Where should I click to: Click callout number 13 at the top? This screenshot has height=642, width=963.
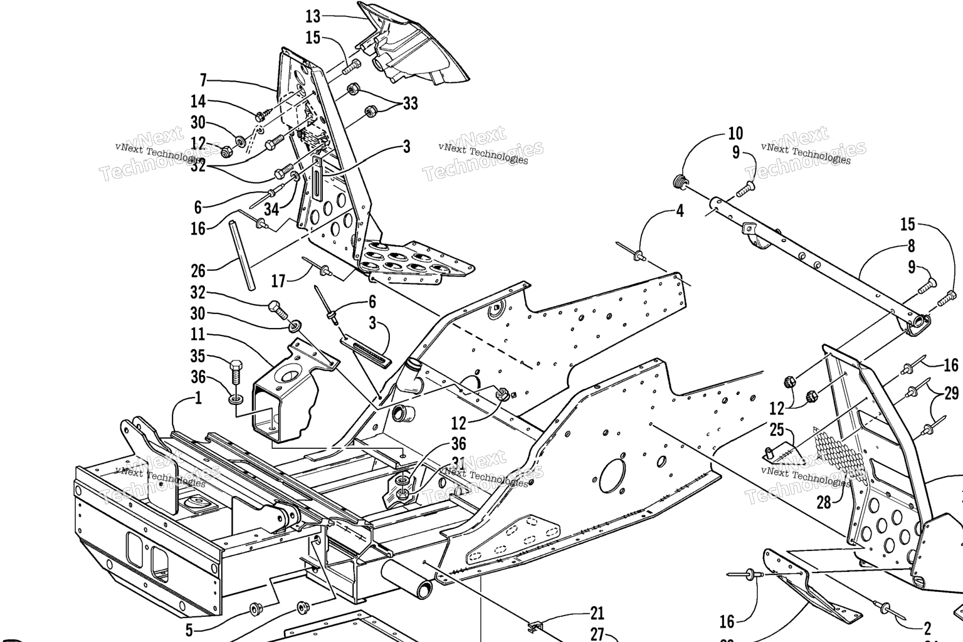click(x=313, y=16)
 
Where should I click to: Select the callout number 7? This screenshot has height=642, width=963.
click(x=203, y=80)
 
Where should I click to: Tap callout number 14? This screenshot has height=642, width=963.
click(x=198, y=101)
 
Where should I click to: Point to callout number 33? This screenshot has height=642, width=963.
click(x=411, y=103)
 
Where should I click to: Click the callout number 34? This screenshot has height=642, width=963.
click(x=271, y=208)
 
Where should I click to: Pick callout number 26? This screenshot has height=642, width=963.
click(x=198, y=271)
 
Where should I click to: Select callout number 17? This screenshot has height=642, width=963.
click(x=278, y=281)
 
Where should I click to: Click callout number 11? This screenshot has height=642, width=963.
click(x=198, y=334)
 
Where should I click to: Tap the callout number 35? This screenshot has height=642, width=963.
click(x=198, y=356)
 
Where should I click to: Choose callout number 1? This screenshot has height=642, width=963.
click(x=198, y=398)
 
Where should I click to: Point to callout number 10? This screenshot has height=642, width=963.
click(x=735, y=133)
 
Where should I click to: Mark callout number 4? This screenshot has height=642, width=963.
click(x=680, y=211)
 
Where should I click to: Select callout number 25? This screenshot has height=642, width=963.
click(x=777, y=431)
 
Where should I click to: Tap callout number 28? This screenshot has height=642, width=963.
click(x=824, y=502)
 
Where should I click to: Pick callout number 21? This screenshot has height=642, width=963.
click(x=597, y=613)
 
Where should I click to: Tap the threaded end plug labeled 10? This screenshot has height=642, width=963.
click(x=679, y=182)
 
